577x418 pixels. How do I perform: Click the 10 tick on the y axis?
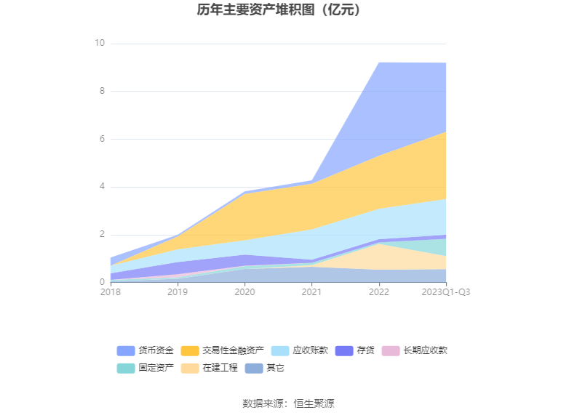100,44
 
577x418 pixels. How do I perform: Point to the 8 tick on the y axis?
102,92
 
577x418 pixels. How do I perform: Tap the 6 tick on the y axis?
102,139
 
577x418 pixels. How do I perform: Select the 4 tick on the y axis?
102,187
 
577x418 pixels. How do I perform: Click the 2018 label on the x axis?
111,292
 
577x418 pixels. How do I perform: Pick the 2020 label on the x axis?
244,292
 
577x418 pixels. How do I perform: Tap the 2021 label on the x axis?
311,292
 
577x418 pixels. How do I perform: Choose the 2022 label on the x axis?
378,292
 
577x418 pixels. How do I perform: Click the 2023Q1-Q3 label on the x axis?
445,292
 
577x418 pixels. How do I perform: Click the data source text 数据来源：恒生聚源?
288,403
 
